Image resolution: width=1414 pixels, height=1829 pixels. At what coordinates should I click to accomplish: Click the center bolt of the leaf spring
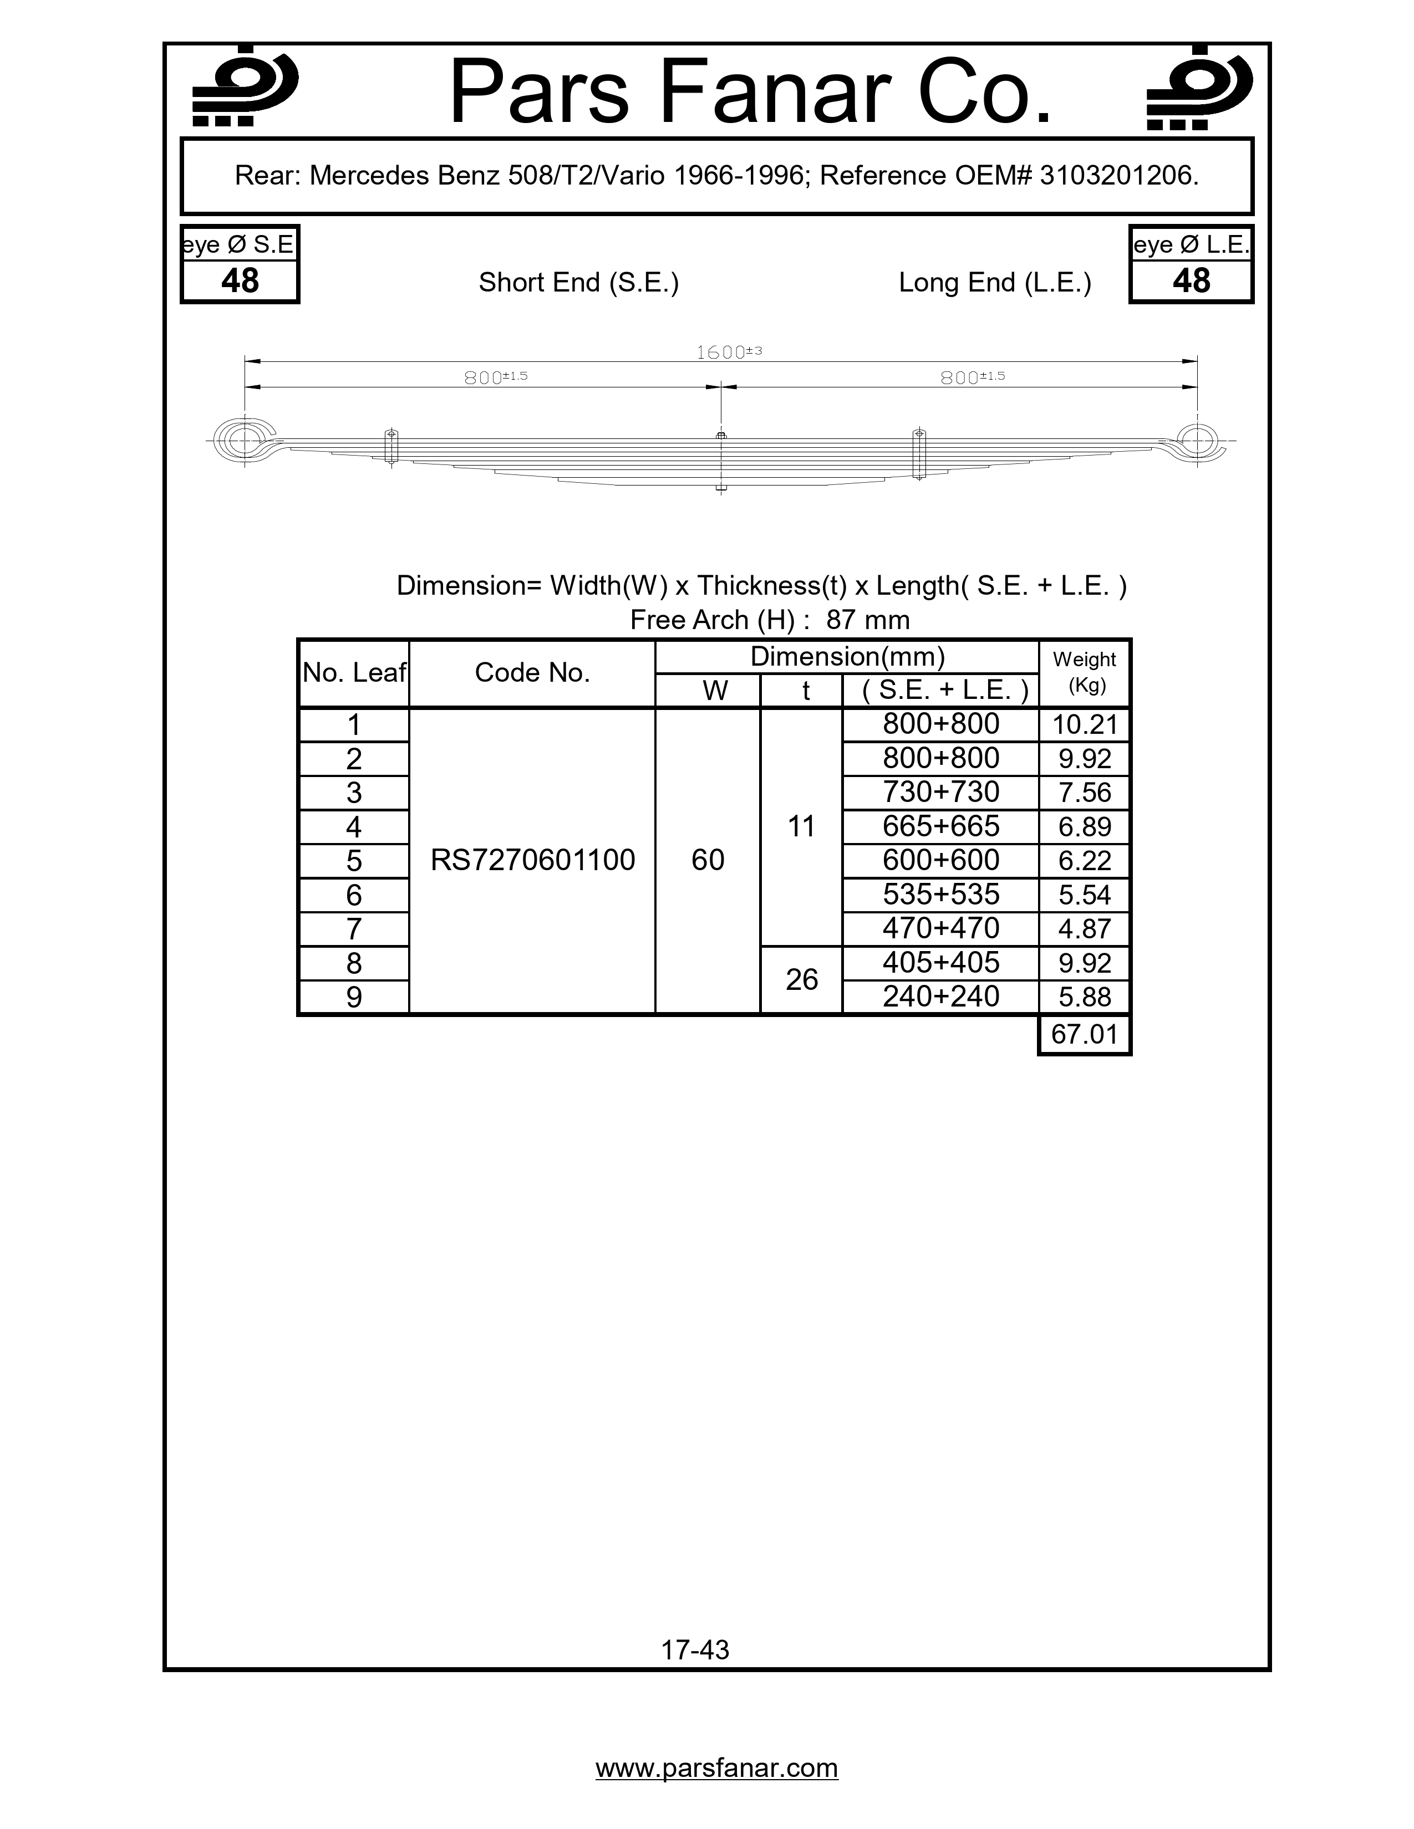pos(721,461)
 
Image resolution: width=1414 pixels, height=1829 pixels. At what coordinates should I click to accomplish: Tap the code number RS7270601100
pos(532,861)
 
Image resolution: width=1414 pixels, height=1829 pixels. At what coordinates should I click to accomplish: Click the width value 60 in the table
pos(708,861)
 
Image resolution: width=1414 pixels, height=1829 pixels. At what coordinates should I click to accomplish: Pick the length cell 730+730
pos(940,792)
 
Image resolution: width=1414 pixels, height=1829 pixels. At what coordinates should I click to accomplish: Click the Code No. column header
pos(532,672)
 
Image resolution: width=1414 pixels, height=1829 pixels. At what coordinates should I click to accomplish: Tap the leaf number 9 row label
pos(354,998)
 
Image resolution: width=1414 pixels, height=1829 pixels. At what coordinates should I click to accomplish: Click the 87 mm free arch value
pos(867,621)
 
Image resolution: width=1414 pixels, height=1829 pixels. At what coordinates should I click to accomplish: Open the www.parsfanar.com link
pos(716,1768)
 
